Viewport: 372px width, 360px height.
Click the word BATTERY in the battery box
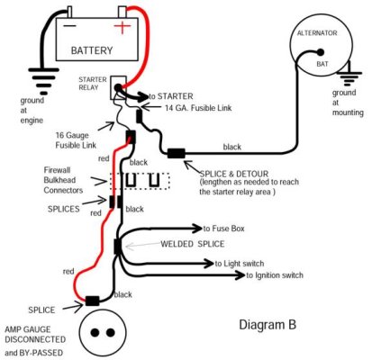point(92,50)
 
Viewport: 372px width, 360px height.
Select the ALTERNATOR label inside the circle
point(318,33)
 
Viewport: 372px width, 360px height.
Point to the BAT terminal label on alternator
point(321,65)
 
